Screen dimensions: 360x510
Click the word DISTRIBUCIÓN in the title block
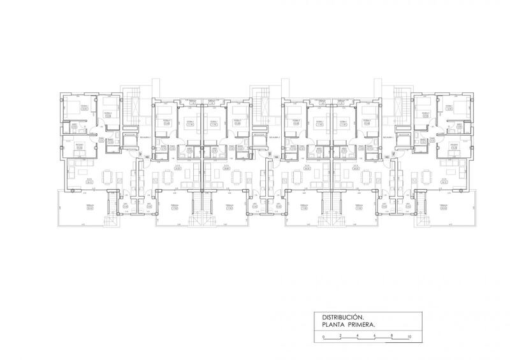tap(342, 316)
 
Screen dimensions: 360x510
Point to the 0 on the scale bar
tap(323, 336)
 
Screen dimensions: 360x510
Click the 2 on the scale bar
tap(341, 336)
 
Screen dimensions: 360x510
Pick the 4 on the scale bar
tap(358, 336)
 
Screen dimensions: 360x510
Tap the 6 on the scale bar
tap(375, 336)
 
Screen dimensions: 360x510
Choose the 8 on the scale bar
tap(393, 336)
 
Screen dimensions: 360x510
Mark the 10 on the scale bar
tap(410, 336)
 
